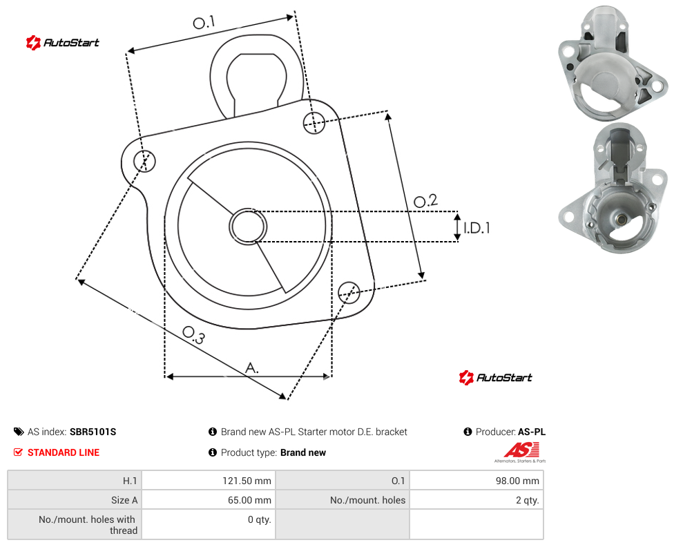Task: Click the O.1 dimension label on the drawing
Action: (x=204, y=22)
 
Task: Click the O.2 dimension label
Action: (x=425, y=201)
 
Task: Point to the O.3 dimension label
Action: (x=193, y=335)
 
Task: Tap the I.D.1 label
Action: (x=476, y=227)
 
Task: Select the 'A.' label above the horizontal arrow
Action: (x=252, y=368)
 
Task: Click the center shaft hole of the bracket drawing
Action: (x=248, y=227)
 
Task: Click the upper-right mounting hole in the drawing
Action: (x=314, y=122)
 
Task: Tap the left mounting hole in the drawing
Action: (x=144, y=161)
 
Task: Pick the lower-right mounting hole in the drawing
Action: (x=349, y=293)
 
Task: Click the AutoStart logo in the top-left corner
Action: (x=62, y=43)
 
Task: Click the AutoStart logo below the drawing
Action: (x=495, y=378)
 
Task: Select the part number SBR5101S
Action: (x=93, y=432)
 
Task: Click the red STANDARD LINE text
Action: (x=64, y=452)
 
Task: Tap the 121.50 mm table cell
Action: (x=209, y=480)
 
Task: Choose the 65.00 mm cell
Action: (x=209, y=500)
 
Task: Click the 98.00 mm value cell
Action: (x=476, y=480)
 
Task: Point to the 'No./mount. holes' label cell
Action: (x=343, y=500)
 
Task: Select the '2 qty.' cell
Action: (x=476, y=500)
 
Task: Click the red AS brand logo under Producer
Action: (x=521, y=452)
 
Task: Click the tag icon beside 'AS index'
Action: (x=19, y=432)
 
